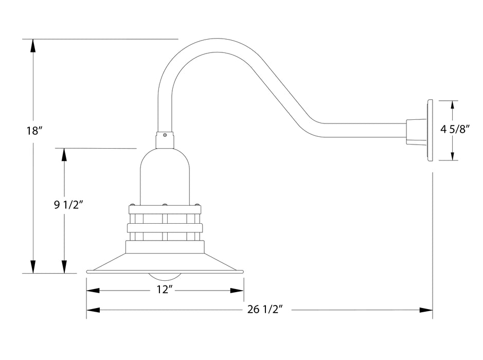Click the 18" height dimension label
click(33, 131)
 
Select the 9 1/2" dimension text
click(68, 205)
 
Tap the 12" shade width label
click(164, 291)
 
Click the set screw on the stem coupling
click(165, 136)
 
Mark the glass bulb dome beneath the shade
click(165, 276)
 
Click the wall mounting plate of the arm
click(430, 131)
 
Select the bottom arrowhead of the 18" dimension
click(33, 267)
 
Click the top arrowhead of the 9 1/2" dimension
click(64, 155)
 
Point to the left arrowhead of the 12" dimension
click(93, 291)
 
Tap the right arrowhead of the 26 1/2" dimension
click(425, 310)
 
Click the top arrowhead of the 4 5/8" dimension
click(452, 106)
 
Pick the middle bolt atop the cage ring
click(165, 205)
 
